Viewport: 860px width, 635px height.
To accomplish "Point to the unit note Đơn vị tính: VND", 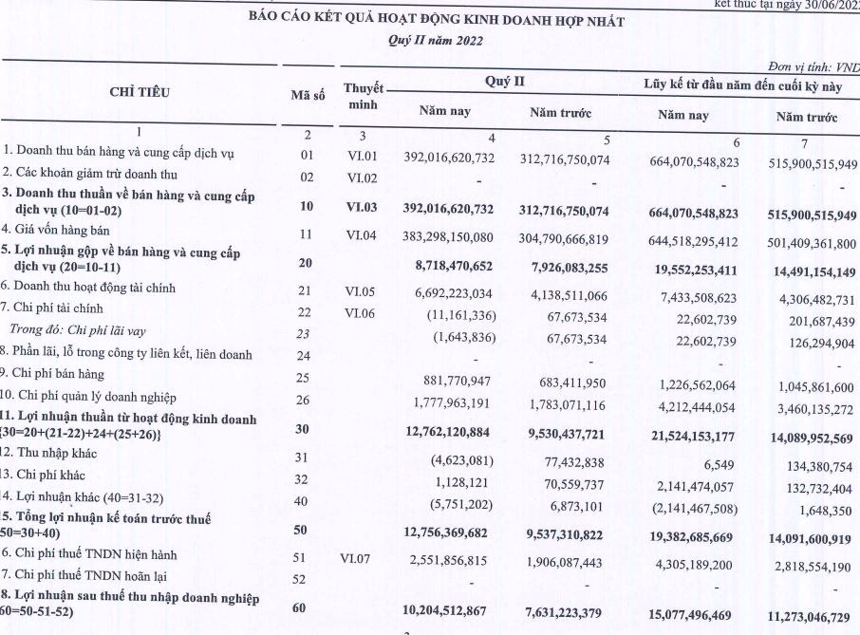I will [x=812, y=67].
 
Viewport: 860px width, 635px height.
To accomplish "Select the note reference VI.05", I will [x=362, y=287].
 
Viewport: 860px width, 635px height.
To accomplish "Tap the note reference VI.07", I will [x=362, y=554].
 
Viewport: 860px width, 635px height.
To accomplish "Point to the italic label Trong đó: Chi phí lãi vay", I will [x=80, y=329].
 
